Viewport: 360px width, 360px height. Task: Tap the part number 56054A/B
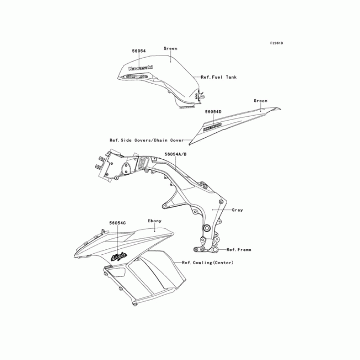click(175, 154)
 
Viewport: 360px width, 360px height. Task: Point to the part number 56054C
click(117, 222)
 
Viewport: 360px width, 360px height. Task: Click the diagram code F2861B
click(276, 43)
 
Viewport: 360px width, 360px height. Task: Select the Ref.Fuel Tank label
click(219, 77)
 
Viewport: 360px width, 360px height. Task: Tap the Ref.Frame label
click(239, 249)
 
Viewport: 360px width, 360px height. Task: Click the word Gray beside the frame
click(238, 210)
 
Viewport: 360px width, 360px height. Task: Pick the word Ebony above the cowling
click(154, 221)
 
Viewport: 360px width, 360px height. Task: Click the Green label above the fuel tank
click(171, 49)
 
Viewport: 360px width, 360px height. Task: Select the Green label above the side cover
click(261, 101)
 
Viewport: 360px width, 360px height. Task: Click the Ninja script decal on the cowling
click(118, 257)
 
